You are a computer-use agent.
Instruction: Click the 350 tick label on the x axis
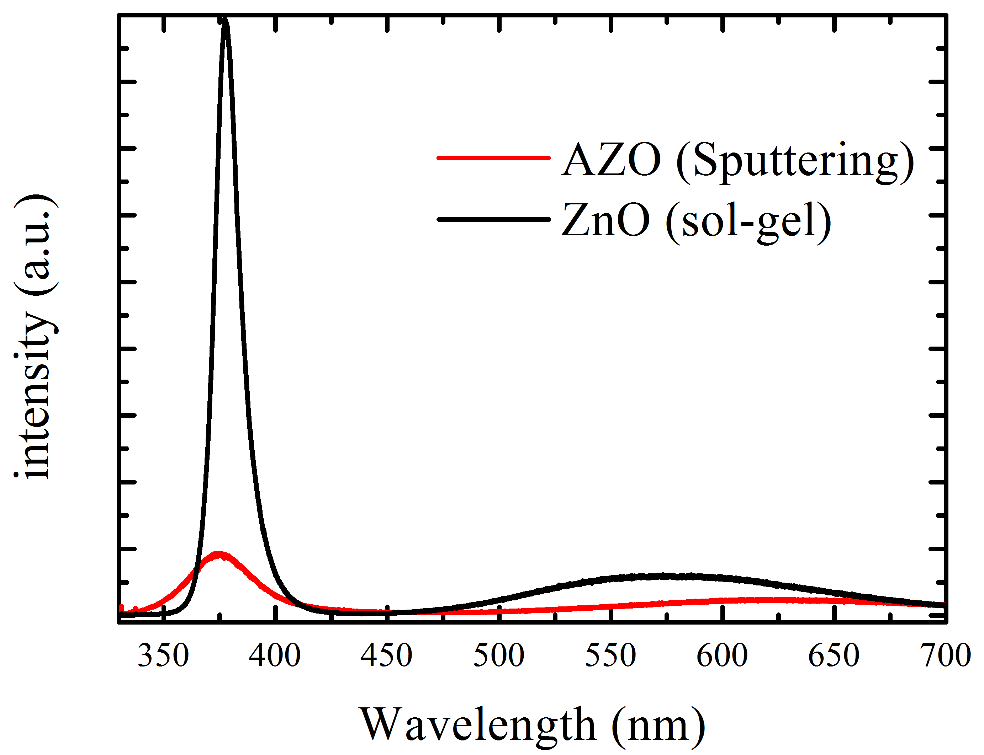[x=163, y=656]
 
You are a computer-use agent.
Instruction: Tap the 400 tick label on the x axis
[x=275, y=656]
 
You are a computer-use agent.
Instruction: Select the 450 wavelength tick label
[x=386, y=656]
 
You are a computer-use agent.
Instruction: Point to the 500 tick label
[x=499, y=656]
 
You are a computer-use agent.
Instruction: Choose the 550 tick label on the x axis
[x=610, y=656]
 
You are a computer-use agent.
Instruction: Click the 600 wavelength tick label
[x=722, y=656]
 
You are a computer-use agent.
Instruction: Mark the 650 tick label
[x=834, y=656]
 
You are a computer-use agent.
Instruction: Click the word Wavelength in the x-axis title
[x=478, y=725]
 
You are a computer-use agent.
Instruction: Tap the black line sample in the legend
[x=493, y=219]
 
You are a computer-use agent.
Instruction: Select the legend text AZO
[x=612, y=160]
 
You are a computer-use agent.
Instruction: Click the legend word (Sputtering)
[x=795, y=162]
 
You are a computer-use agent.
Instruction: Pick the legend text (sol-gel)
[x=748, y=222]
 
